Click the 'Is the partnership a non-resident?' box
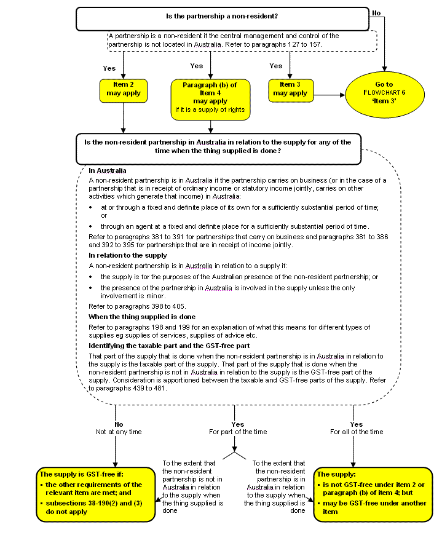[x=223, y=19]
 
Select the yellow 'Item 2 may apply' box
[x=124, y=91]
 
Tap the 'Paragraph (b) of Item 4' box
[x=210, y=100]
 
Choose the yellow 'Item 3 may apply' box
[x=291, y=91]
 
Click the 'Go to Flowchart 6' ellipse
[x=385, y=95]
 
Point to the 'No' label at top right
[x=376, y=13]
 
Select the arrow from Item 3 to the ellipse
[x=329, y=95]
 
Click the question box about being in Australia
[x=218, y=149]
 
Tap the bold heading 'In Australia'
[x=108, y=170]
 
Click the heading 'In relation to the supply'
[x=128, y=255]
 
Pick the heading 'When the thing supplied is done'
[x=142, y=317]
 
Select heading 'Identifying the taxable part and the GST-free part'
[x=169, y=346]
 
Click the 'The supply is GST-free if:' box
[x=96, y=494]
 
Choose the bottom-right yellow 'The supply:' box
[x=373, y=494]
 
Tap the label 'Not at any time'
[x=119, y=432]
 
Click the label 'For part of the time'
[x=238, y=432]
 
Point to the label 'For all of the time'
[x=357, y=432]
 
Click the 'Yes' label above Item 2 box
[x=109, y=68]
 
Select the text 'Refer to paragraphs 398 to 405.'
[x=137, y=306]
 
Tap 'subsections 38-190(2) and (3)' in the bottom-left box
[x=94, y=503]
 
